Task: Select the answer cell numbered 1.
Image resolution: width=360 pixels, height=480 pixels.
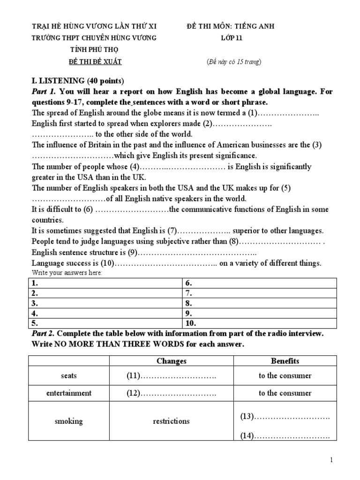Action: (105, 283)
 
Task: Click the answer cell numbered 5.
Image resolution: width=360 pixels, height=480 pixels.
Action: (105, 323)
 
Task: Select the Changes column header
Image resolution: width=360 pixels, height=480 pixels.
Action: (172, 361)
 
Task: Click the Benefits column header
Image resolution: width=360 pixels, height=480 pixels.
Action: (285, 361)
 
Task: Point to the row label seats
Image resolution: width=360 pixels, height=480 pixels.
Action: (68, 376)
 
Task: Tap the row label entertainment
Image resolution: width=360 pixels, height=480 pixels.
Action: (68, 393)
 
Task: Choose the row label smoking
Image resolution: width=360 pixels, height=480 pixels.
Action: (68, 421)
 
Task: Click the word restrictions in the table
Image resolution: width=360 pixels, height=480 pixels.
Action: (172, 421)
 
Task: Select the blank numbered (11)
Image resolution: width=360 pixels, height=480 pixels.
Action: (172, 376)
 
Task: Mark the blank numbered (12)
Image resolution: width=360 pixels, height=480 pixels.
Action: (172, 393)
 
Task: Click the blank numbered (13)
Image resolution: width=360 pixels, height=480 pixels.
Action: (285, 416)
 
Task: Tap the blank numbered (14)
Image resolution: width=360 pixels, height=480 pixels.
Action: (285, 436)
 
